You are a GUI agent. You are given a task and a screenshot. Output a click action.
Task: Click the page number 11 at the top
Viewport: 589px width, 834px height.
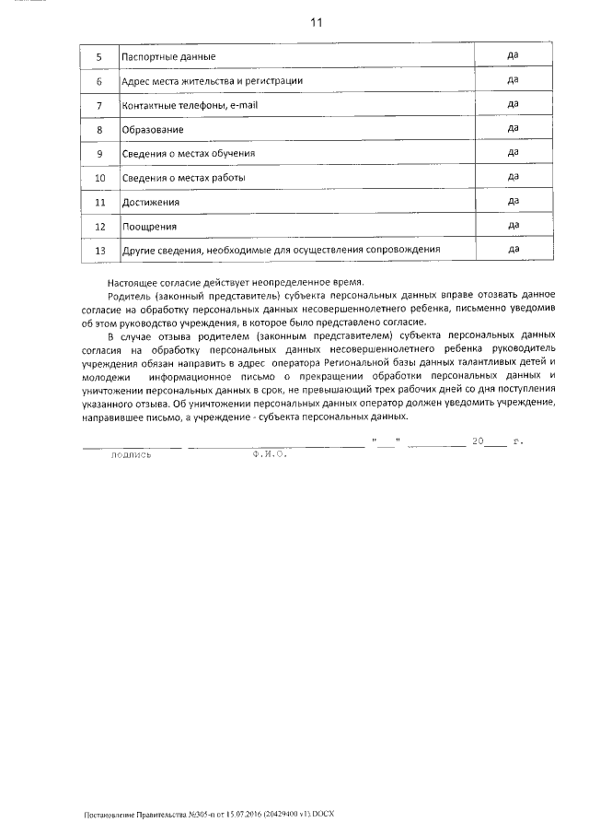click(317, 21)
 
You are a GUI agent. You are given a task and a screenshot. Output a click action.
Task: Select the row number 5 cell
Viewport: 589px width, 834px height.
click(99, 57)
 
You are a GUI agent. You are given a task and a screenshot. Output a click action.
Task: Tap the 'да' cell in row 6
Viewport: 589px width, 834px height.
click(514, 80)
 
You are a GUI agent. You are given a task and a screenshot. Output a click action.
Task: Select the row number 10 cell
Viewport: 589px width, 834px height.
click(99, 177)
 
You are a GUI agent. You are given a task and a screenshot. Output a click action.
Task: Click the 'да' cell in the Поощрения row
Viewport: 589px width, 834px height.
click(514, 224)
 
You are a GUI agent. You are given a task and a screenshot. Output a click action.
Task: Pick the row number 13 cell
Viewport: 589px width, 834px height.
click(99, 250)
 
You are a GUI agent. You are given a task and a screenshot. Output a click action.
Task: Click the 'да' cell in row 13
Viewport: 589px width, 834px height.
click(514, 249)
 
